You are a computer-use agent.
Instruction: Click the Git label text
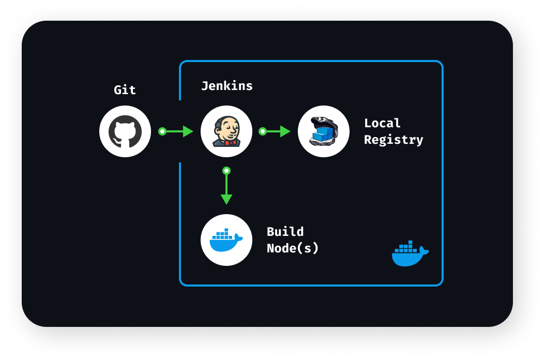(125, 90)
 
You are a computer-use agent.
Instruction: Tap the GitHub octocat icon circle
(125, 131)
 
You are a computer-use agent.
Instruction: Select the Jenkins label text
(227, 86)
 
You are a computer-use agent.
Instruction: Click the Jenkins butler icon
(226, 131)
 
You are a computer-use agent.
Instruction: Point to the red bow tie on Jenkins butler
(231, 142)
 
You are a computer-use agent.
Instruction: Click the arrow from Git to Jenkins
(176, 131)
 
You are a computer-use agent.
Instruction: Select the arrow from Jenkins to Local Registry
(275, 131)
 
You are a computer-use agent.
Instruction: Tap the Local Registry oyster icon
(324, 131)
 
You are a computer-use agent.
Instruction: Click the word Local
(382, 123)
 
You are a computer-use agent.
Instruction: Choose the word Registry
(393, 140)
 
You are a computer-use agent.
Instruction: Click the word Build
(285, 232)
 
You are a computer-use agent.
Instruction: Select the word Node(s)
(293, 248)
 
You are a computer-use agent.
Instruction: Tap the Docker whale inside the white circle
(226, 240)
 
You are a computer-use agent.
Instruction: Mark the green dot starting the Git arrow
(162, 131)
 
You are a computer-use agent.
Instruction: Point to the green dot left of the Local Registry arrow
(263, 131)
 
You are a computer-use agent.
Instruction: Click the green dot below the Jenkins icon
(226, 171)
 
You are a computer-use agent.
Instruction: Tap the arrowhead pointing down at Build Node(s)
(226, 199)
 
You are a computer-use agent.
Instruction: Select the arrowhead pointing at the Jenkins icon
(188, 131)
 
